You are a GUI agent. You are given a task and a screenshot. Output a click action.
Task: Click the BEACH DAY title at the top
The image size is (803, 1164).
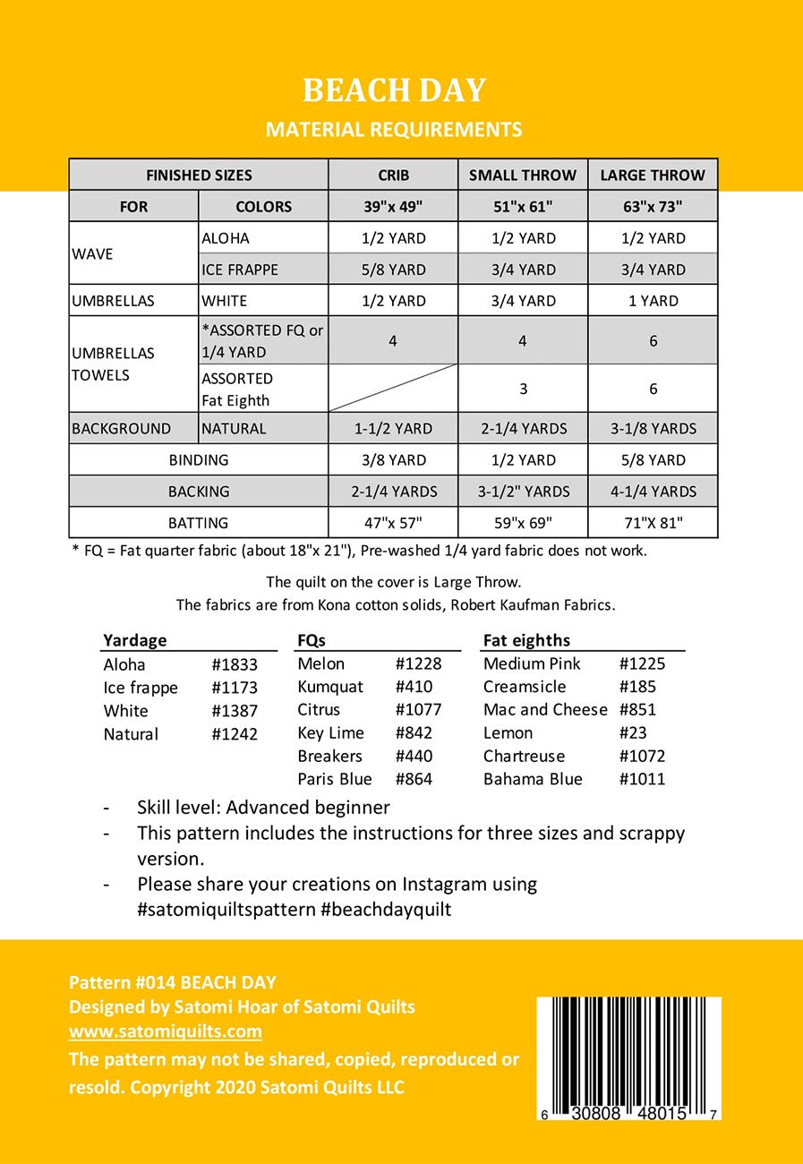point(394,90)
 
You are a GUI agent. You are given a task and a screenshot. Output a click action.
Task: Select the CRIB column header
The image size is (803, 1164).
point(393,175)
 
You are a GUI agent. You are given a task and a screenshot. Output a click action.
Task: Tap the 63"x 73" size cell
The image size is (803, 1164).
point(653,206)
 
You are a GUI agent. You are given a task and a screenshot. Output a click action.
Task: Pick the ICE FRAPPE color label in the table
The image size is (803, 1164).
point(240,270)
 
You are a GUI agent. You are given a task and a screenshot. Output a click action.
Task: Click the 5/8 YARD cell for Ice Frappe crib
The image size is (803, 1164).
point(393,270)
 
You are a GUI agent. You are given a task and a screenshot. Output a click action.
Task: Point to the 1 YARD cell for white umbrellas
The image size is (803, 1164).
point(653,301)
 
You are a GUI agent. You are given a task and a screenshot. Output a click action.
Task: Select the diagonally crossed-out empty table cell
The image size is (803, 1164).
point(393,388)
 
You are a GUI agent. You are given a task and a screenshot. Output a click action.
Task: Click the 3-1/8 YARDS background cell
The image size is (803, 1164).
point(653,428)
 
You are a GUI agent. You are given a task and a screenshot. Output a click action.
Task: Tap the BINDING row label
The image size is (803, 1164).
point(199,460)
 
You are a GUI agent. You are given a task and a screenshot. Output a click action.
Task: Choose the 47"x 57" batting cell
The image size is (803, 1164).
point(393,523)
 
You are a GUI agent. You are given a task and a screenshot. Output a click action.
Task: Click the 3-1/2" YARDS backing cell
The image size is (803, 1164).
point(523,492)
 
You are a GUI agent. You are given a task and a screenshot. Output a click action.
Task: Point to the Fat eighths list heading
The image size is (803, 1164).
point(526,640)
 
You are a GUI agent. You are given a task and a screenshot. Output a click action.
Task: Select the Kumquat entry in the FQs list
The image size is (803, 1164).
point(330,687)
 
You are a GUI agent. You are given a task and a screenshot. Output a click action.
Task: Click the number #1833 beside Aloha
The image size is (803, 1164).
point(235,664)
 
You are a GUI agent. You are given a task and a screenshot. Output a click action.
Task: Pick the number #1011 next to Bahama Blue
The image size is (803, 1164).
point(642,779)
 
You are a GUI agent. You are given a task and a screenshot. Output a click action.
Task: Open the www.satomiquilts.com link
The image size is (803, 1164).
point(166,1031)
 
